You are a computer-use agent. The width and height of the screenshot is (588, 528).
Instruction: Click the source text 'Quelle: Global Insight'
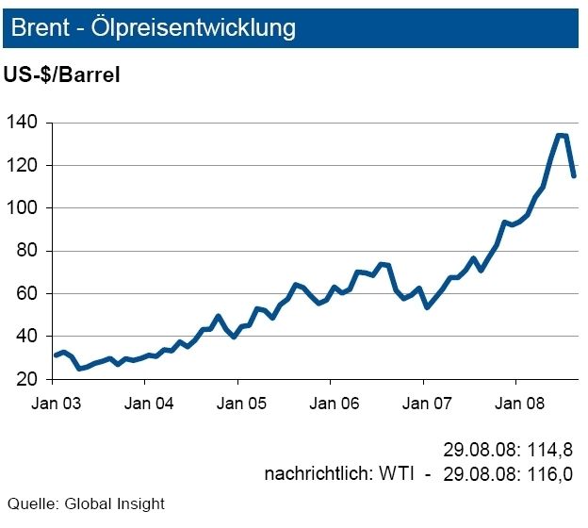coord(86,504)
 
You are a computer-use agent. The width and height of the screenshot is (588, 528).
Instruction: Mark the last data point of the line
coord(573,175)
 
